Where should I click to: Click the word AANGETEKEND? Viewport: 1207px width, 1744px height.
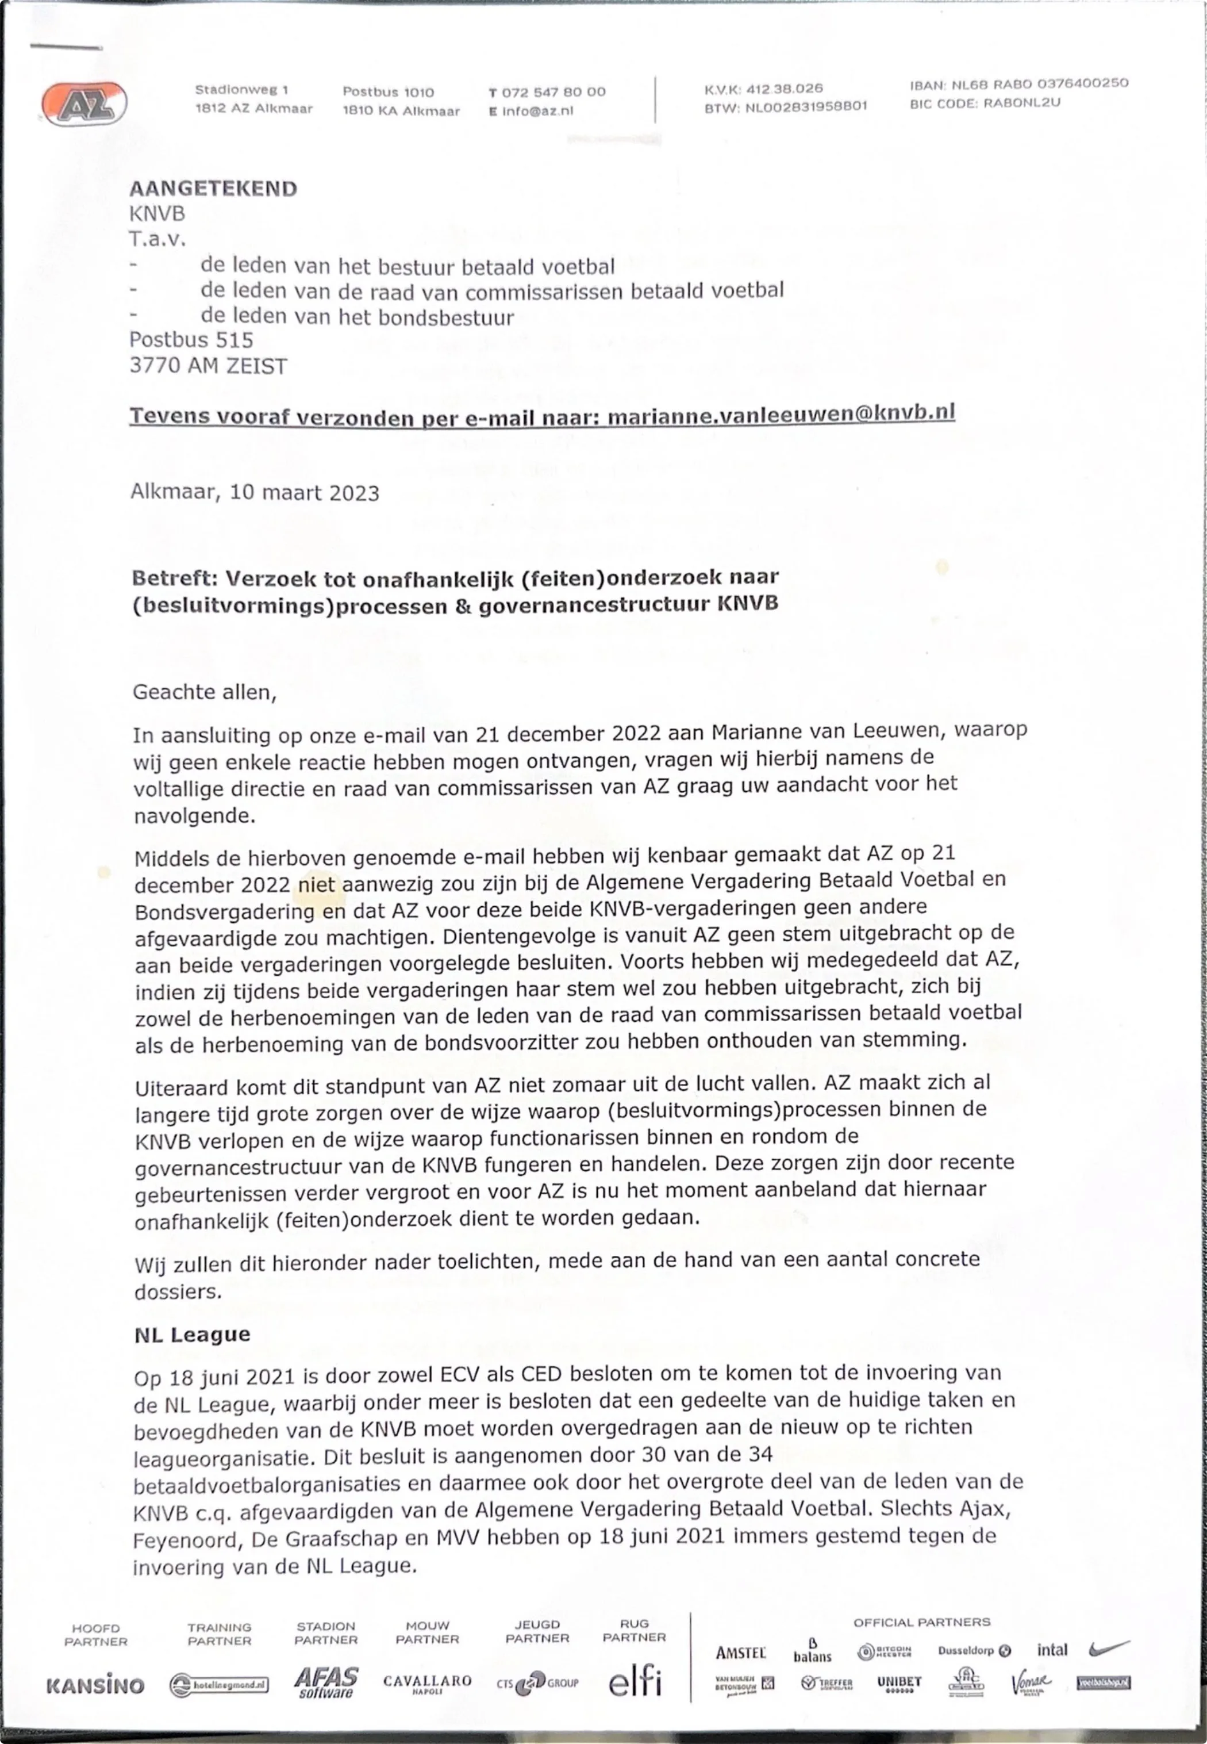click(x=213, y=189)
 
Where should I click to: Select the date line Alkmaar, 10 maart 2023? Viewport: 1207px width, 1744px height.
click(x=255, y=493)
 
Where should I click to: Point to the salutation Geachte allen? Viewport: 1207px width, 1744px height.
click(x=204, y=692)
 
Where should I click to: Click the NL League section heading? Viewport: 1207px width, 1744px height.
click(x=192, y=1334)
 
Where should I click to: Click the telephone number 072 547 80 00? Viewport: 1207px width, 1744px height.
click(x=553, y=93)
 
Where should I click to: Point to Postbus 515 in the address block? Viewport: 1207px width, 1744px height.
click(x=191, y=340)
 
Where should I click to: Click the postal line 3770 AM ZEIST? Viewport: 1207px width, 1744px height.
click(x=208, y=366)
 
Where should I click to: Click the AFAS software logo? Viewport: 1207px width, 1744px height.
click(x=326, y=1682)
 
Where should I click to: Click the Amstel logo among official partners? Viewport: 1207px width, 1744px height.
click(x=740, y=1653)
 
